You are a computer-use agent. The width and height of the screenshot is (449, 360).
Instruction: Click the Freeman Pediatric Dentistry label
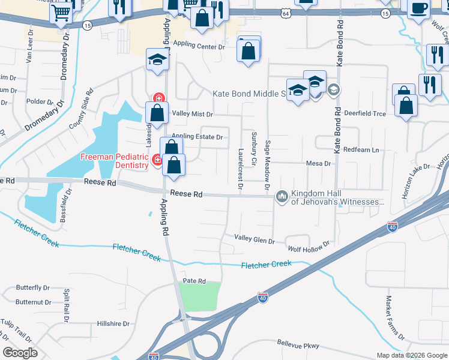coord(115,161)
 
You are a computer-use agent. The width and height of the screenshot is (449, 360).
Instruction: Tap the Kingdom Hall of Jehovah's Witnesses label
coord(337,198)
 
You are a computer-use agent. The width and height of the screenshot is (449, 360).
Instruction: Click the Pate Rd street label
coord(194,281)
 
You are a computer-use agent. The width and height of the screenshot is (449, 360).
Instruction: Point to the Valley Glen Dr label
coord(254,241)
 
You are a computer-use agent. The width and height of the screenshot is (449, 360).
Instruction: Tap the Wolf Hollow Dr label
coord(309,247)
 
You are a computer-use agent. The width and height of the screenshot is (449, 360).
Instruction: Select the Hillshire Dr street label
coord(113,323)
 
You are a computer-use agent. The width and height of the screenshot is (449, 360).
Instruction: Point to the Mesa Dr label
coord(319,163)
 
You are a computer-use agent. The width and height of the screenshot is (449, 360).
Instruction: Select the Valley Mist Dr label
coord(192,113)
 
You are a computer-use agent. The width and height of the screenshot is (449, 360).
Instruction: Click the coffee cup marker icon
coord(418,8)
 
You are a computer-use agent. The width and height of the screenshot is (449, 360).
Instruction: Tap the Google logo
coord(20,352)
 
